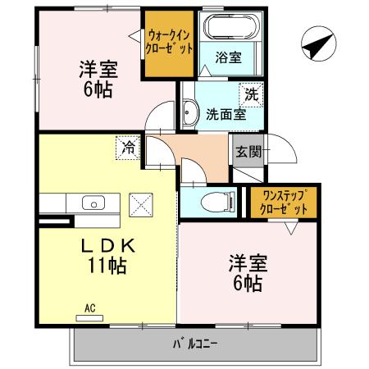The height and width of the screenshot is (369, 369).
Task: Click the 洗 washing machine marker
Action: point(252,93)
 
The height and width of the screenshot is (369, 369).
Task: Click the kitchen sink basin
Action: point(93,204)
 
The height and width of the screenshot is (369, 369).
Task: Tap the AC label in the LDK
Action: point(90,308)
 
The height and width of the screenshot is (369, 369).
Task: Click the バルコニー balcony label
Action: point(194,343)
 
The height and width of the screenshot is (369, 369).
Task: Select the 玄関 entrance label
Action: point(248,151)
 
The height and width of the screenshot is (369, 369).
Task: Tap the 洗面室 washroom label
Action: point(225,114)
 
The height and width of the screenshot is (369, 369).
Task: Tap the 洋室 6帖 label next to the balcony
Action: point(245,275)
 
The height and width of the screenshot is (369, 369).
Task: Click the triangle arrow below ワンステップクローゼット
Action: point(290,229)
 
